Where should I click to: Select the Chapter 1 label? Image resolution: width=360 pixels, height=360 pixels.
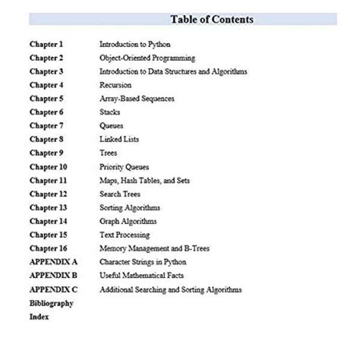(x=46, y=44)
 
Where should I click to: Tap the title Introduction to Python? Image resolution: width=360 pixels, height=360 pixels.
(x=134, y=44)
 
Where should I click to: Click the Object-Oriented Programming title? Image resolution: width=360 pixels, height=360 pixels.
(x=147, y=58)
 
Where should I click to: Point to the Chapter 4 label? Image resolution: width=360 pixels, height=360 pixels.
(x=46, y=85)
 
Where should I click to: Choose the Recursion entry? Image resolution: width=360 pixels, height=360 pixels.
(x=115, y=85)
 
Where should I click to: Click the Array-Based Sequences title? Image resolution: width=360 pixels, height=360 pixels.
(x=137, y=99)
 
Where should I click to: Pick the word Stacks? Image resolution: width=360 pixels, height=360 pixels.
(x=111, y=112)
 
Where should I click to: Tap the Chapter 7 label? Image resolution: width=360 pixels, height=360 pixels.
(x=46, y=126)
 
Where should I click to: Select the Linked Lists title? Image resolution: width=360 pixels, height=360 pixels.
(x=120, y=140)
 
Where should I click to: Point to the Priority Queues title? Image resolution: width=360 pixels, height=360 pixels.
(x=125, y=167)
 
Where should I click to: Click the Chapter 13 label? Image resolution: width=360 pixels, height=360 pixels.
(x=49, y=208)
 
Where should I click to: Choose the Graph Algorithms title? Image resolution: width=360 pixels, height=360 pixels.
(x=128, y=221)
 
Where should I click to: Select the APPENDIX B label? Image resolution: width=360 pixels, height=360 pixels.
(x=53, y=276)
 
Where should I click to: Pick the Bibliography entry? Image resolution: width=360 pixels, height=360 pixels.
(x=52, y=303)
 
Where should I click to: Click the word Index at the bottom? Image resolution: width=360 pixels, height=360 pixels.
(x=39, y=317)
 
